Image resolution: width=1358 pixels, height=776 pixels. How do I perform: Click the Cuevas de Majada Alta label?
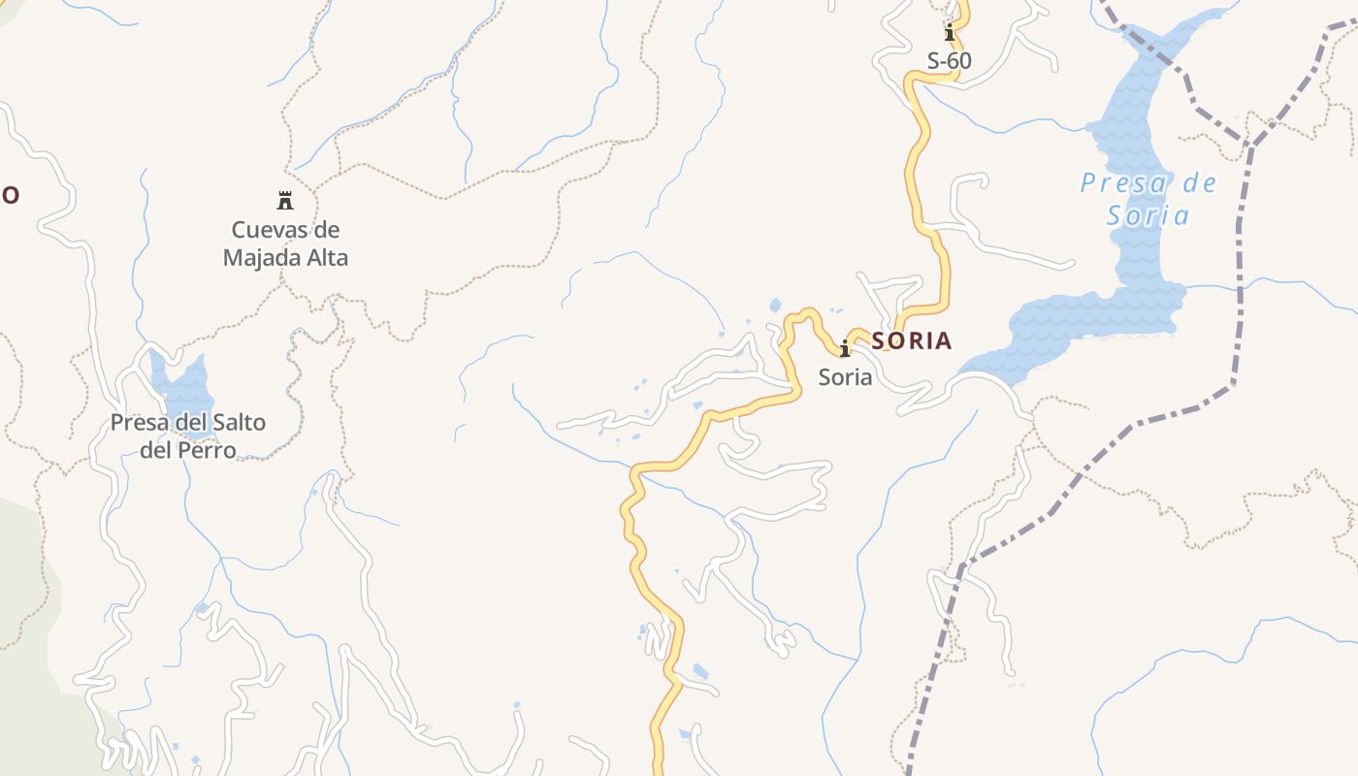285,243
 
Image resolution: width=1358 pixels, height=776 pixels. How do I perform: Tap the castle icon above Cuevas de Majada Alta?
285,201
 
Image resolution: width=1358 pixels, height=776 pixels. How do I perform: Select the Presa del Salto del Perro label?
188,436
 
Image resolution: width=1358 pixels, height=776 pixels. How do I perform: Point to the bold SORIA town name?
912,341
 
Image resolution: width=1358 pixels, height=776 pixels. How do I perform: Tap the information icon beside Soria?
845,347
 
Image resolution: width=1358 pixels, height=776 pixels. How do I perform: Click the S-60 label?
949,61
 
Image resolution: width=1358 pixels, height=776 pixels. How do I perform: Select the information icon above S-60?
950,33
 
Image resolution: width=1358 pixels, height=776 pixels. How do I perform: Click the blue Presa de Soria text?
1148,198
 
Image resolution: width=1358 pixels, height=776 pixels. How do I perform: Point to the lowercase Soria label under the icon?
845,377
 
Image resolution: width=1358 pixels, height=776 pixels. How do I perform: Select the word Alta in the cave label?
327,258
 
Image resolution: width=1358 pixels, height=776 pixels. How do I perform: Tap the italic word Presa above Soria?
1120,183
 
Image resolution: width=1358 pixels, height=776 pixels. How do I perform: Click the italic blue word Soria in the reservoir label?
1148,214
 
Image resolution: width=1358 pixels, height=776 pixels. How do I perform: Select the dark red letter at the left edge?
9,195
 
